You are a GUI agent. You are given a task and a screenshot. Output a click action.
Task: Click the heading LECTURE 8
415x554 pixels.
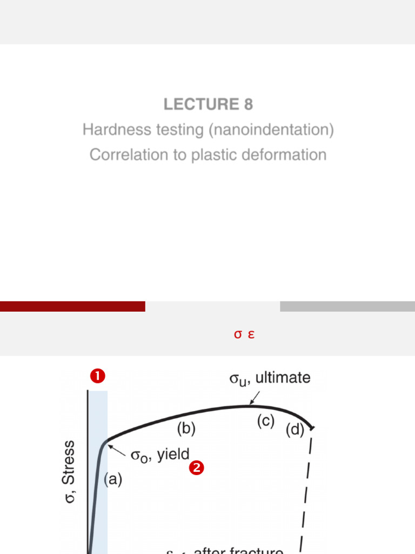(208, 104)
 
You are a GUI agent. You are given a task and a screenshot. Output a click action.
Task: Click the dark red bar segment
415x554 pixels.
(72, 306)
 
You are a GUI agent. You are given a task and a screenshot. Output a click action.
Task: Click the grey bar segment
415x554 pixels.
(347, 306)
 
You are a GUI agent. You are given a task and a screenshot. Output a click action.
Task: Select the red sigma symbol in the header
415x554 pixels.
(237, 334)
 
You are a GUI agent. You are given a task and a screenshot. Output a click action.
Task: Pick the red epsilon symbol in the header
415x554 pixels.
(251, 334)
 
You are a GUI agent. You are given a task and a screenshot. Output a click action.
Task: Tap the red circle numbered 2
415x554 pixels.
(196, 469)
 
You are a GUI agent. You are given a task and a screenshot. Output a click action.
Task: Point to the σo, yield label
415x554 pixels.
(159, 456)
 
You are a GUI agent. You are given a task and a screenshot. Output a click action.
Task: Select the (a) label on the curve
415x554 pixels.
(113, 479)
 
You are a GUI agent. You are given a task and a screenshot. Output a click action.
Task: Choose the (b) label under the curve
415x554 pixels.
(186, 428)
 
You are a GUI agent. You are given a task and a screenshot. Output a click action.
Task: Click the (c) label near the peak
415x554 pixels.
(265, 421)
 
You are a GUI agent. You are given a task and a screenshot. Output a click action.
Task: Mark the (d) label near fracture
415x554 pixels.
(295, 431)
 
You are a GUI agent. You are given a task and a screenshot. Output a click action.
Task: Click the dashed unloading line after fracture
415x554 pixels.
(306, 492)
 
